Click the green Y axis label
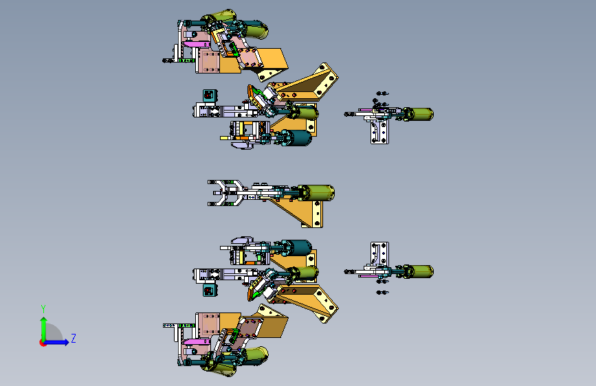pyautogui.click(x=43, y=308)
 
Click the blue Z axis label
pyautogui.click(x=73, y=338)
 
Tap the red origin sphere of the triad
pyautogui.click(x=43, y=342)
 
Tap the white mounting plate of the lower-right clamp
pyautogui.click(x=377, y=253)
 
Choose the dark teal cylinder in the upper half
pyautogui.click(x=300, y=138)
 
